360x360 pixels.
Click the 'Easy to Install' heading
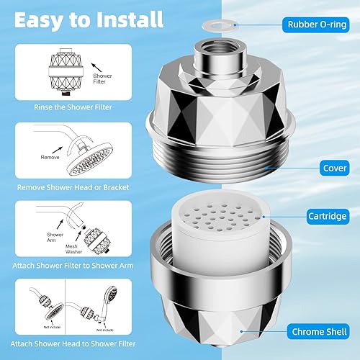point(89,20)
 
